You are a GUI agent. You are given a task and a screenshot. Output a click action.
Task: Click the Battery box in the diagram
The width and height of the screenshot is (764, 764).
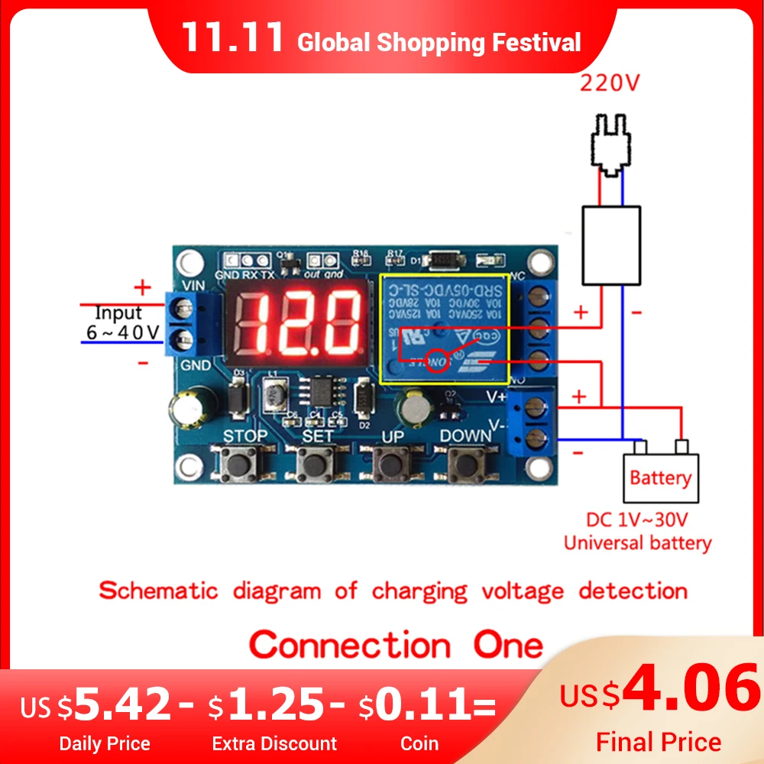pos(660,478)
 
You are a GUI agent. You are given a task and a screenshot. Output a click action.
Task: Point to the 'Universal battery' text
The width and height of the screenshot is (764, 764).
pos(637,543)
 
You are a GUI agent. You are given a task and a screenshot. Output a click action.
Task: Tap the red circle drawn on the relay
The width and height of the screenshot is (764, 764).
pos(438,360)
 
